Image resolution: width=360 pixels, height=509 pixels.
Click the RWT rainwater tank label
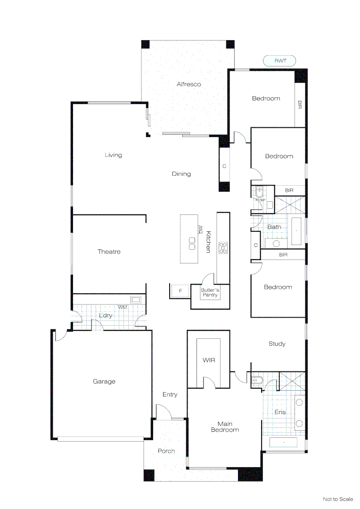pyautogui.click(x=279, y=60)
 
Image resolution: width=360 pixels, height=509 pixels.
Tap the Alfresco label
pyautogui.click(x=188, y=84)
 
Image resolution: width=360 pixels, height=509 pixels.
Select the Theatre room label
pyautogui.click(x=109, y=252)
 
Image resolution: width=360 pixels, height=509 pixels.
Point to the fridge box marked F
pyautogui.click(x=180, y=291)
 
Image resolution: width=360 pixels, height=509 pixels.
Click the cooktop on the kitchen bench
pyautogui.click(x=223, y=248)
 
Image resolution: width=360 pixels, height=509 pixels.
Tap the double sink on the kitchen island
pyautogui.click(x=192, y=243)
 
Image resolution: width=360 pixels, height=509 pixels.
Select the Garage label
pyautogui.click(x=104, y=381)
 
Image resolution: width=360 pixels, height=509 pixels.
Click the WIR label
pyautogui.click(x=209, y=360)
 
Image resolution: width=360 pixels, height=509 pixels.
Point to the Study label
pyautogui.click(x=277, y=344)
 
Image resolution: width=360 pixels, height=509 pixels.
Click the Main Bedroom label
pyautogui.click(x=225, y=427)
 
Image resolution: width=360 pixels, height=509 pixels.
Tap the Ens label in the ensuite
pyautogui.click(x=280, y=412)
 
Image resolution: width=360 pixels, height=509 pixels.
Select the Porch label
pyautogui.click(x=166, y=451)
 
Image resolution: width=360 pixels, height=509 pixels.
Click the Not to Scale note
pyautogui.click(x=337, y=499)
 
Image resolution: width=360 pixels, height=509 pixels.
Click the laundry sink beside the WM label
pyautogui.click(x=136, y=299)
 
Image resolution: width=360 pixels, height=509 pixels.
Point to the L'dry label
pyautogui.click(x=106, y=315)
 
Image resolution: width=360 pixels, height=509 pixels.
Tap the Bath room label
pyautogui.click(x=274, y=227)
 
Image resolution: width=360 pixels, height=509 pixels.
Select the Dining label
pyautogui.click(x=181, y=174)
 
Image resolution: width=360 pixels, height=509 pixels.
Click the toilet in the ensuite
pyautogui.click(x=257, y=380)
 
